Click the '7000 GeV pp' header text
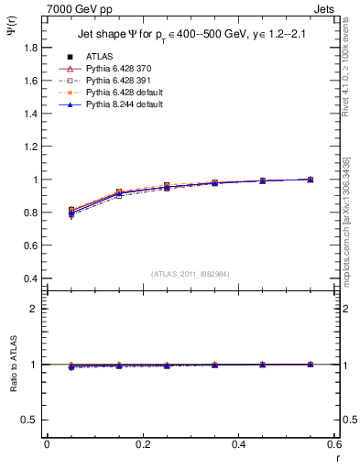tap(74, 7)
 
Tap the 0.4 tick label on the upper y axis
tap(30, 278)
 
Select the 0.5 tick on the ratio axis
tap(30, 420)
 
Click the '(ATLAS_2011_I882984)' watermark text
tap(191, 274)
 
